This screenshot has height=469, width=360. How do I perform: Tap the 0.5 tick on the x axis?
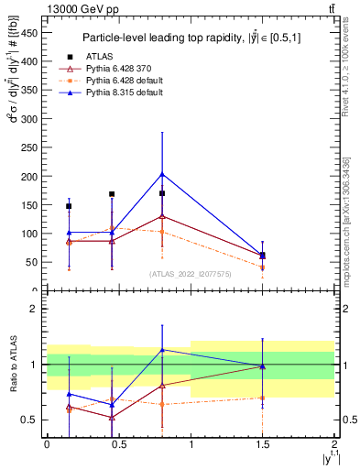tap(118, 444)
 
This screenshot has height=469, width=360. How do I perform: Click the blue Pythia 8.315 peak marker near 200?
tap(162, 174)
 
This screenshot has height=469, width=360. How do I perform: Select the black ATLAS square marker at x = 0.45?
tap(112, 194)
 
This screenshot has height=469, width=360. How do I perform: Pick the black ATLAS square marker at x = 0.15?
tap(69, 206)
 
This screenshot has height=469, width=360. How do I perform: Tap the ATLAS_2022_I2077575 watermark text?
tap(190, 273)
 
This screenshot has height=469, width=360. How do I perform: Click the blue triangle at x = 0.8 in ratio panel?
tap(162, 349)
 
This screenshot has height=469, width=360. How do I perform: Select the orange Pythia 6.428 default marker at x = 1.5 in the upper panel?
tap(263, 267)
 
